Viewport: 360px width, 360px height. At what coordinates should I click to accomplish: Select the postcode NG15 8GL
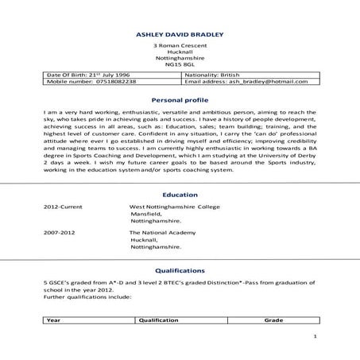tap(180, 65)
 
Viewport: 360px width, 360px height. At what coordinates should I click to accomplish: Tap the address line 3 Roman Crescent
tap(180, 46)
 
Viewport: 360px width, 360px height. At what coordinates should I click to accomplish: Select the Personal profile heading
tap(180, 101)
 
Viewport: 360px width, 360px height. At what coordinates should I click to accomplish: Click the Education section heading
tap(180, 193)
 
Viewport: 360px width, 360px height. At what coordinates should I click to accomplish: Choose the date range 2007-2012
tap(60, 234)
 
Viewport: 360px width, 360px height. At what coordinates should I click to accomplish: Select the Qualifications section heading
tap(180, 270)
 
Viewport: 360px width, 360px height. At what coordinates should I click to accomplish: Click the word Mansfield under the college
tap(147, 215)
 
